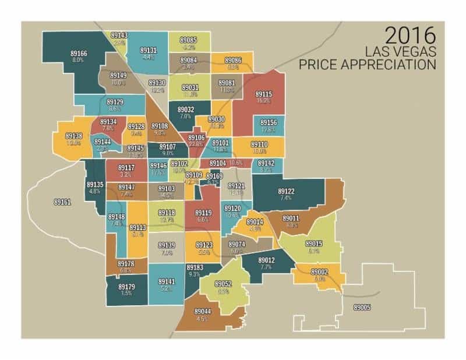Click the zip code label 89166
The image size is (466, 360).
(79, 53)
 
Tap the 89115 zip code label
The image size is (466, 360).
(263, 94)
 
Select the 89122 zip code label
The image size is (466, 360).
(285, 191)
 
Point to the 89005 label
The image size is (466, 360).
(362, 307)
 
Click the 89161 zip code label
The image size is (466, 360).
(62, 202)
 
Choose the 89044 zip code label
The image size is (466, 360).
(202, 312)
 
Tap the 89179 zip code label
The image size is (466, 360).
(126, 287)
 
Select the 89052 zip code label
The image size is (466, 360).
(223, 284)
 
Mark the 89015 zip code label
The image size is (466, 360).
(314, 243)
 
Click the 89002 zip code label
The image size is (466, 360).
(319, 272)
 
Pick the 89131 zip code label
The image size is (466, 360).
(148, 50)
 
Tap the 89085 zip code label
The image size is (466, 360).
(188, 40)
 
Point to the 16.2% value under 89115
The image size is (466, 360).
(263, 101)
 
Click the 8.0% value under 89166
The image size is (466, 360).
(78, 60)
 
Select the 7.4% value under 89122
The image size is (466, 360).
(285, 198)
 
